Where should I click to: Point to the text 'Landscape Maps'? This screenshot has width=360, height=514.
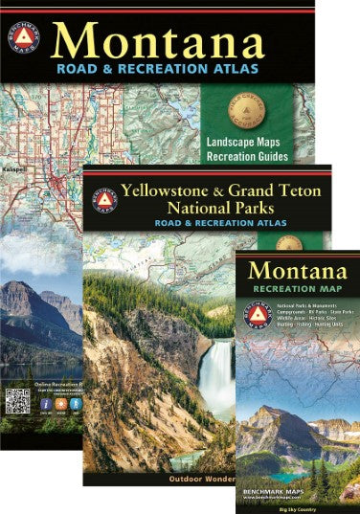[248, 140]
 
